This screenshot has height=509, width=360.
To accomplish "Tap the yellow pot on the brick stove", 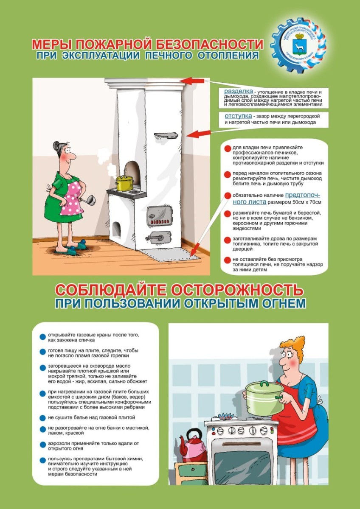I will click(124, 183).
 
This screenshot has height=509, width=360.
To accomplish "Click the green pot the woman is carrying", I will click(264, 398).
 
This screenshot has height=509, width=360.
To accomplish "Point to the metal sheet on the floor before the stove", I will click(170, 254).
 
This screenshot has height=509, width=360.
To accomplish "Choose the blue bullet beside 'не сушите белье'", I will click(42, 418).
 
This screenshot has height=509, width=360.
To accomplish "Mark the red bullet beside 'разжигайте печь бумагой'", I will click(228, 213).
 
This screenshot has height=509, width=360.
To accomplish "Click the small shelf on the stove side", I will click(166, 135).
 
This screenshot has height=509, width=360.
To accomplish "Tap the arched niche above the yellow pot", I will click(132, 170).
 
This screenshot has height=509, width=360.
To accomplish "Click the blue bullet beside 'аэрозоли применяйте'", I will click(42, 445).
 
